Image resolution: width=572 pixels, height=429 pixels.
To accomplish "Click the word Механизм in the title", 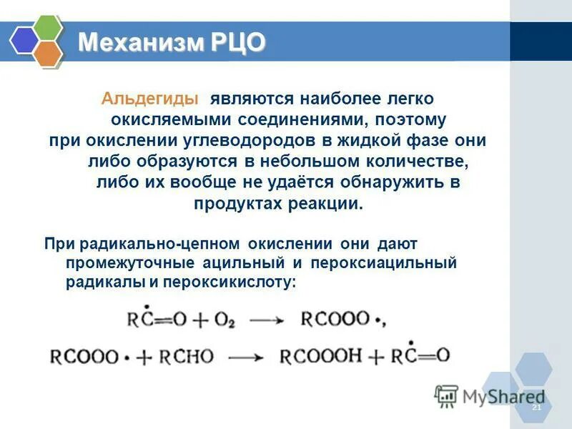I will coord(140,43).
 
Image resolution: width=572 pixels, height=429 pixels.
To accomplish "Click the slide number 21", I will coord(537,407).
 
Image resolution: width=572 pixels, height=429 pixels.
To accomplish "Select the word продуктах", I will coord(230,203).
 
